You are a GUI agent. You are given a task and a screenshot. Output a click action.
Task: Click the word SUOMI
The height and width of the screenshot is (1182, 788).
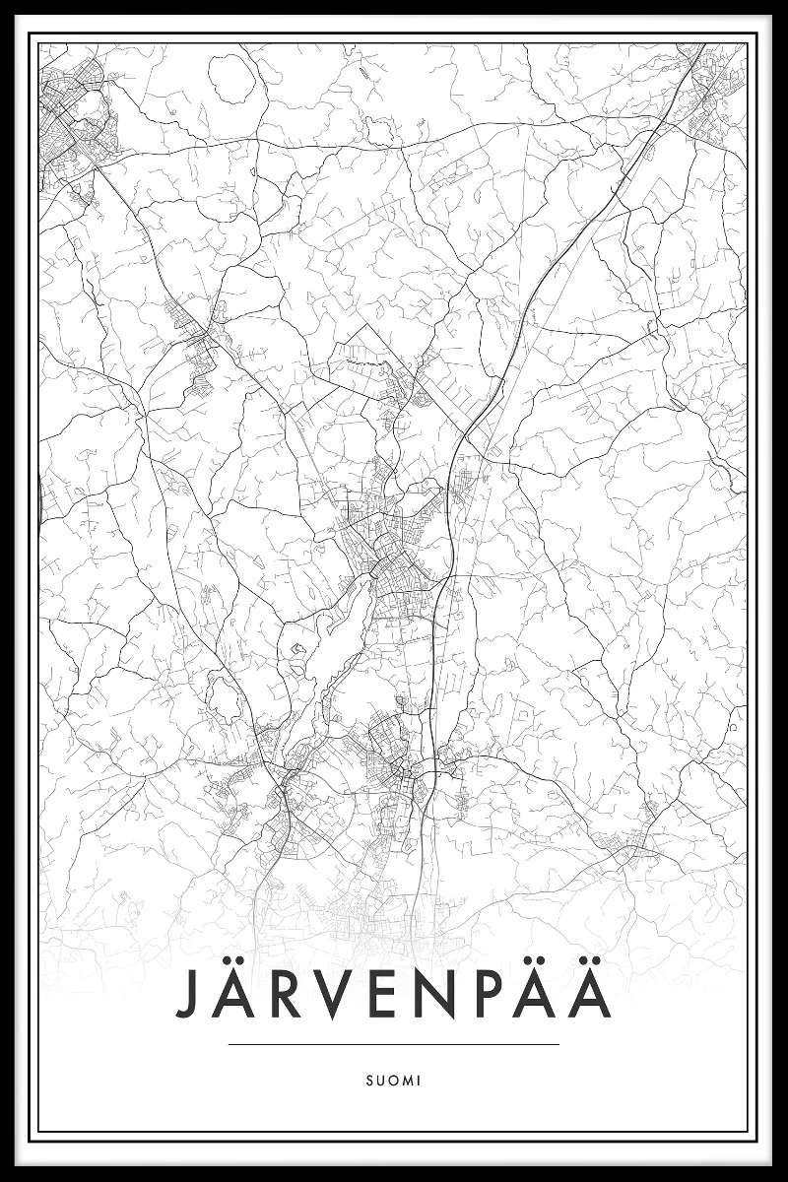tap(393, 1081)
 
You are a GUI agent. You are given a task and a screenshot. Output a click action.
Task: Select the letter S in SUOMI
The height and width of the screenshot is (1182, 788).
tap(368, 1081)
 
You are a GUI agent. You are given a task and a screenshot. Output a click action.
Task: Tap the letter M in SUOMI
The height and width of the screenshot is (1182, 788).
tap(406, 1081)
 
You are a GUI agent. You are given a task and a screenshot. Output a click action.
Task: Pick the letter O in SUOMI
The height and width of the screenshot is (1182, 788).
tap(392, 1081)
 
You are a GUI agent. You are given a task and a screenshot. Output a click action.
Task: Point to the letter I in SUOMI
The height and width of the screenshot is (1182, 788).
tap(419, 1081)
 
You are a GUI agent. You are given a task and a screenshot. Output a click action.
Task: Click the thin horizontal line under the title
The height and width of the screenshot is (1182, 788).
tap(393, 1044)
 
